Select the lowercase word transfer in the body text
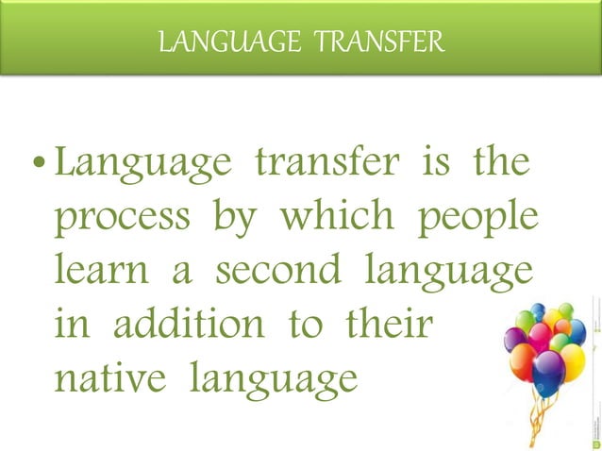318,164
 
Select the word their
390,325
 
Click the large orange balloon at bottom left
526,361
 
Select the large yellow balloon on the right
574,359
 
